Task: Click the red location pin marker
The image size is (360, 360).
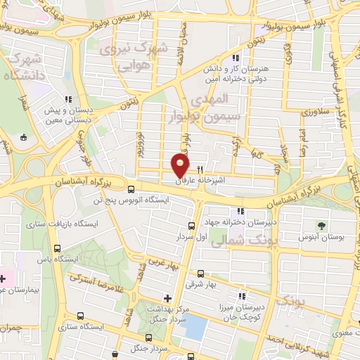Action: click(181, 165)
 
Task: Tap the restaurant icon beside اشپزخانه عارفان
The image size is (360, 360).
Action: click(200, 169)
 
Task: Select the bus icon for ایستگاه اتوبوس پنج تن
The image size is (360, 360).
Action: click(131, 188)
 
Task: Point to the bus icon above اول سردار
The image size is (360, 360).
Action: click(192, 226)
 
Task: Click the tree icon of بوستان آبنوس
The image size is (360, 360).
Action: click(321, 226)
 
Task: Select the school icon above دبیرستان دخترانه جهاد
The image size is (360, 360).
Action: click(241, 210)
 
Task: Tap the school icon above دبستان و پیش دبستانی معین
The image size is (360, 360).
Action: click(68, 99)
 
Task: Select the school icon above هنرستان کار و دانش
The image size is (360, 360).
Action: click(237, 58)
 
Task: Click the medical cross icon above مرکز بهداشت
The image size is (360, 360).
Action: click(167, 297)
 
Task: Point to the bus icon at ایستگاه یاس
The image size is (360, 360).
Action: click(57, 247)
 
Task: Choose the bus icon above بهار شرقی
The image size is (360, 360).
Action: click(200, 274)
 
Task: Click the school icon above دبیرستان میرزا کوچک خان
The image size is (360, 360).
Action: click(243, 297)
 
